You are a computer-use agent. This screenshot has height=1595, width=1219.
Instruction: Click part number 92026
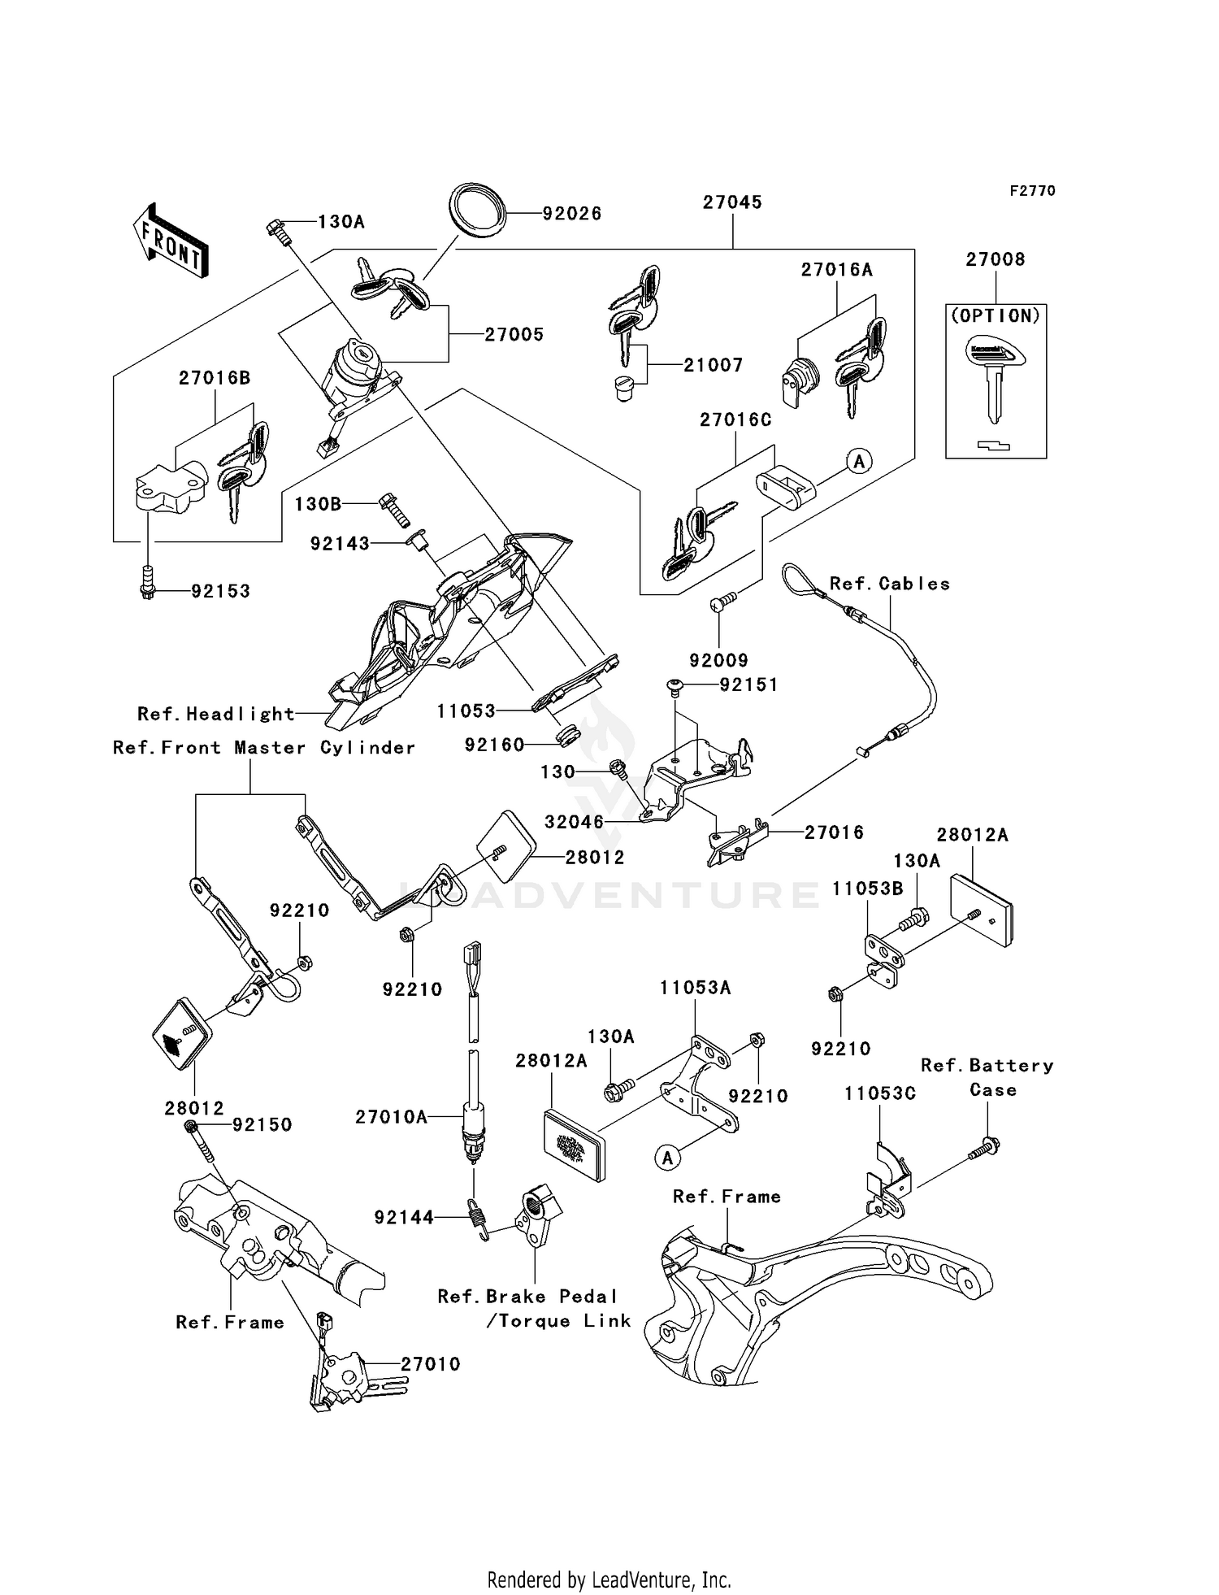[572, 214]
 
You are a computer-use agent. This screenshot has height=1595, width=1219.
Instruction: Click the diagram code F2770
[1032, 191]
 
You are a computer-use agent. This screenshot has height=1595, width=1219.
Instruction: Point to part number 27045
[732, 202]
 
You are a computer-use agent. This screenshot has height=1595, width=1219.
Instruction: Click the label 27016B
[215, 378]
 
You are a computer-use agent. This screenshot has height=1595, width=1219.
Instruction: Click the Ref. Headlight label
[215, 714]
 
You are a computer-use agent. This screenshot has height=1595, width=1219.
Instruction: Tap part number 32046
[574, 822]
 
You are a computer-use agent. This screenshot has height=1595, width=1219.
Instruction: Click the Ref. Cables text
[889, 584]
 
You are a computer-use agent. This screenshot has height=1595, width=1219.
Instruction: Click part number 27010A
[391, 1117]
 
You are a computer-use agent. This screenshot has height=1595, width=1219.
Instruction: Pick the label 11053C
[879, 1093]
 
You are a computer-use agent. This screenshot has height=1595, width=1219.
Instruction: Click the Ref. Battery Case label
[987, 1077]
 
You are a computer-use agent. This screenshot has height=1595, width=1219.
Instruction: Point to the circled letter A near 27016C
[859, 462]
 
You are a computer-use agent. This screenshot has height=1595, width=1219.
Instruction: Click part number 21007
[713, 366]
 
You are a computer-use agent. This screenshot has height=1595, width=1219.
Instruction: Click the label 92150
[262, 1125]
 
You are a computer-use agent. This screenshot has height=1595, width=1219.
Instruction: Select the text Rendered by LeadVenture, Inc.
[609, 1580]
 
